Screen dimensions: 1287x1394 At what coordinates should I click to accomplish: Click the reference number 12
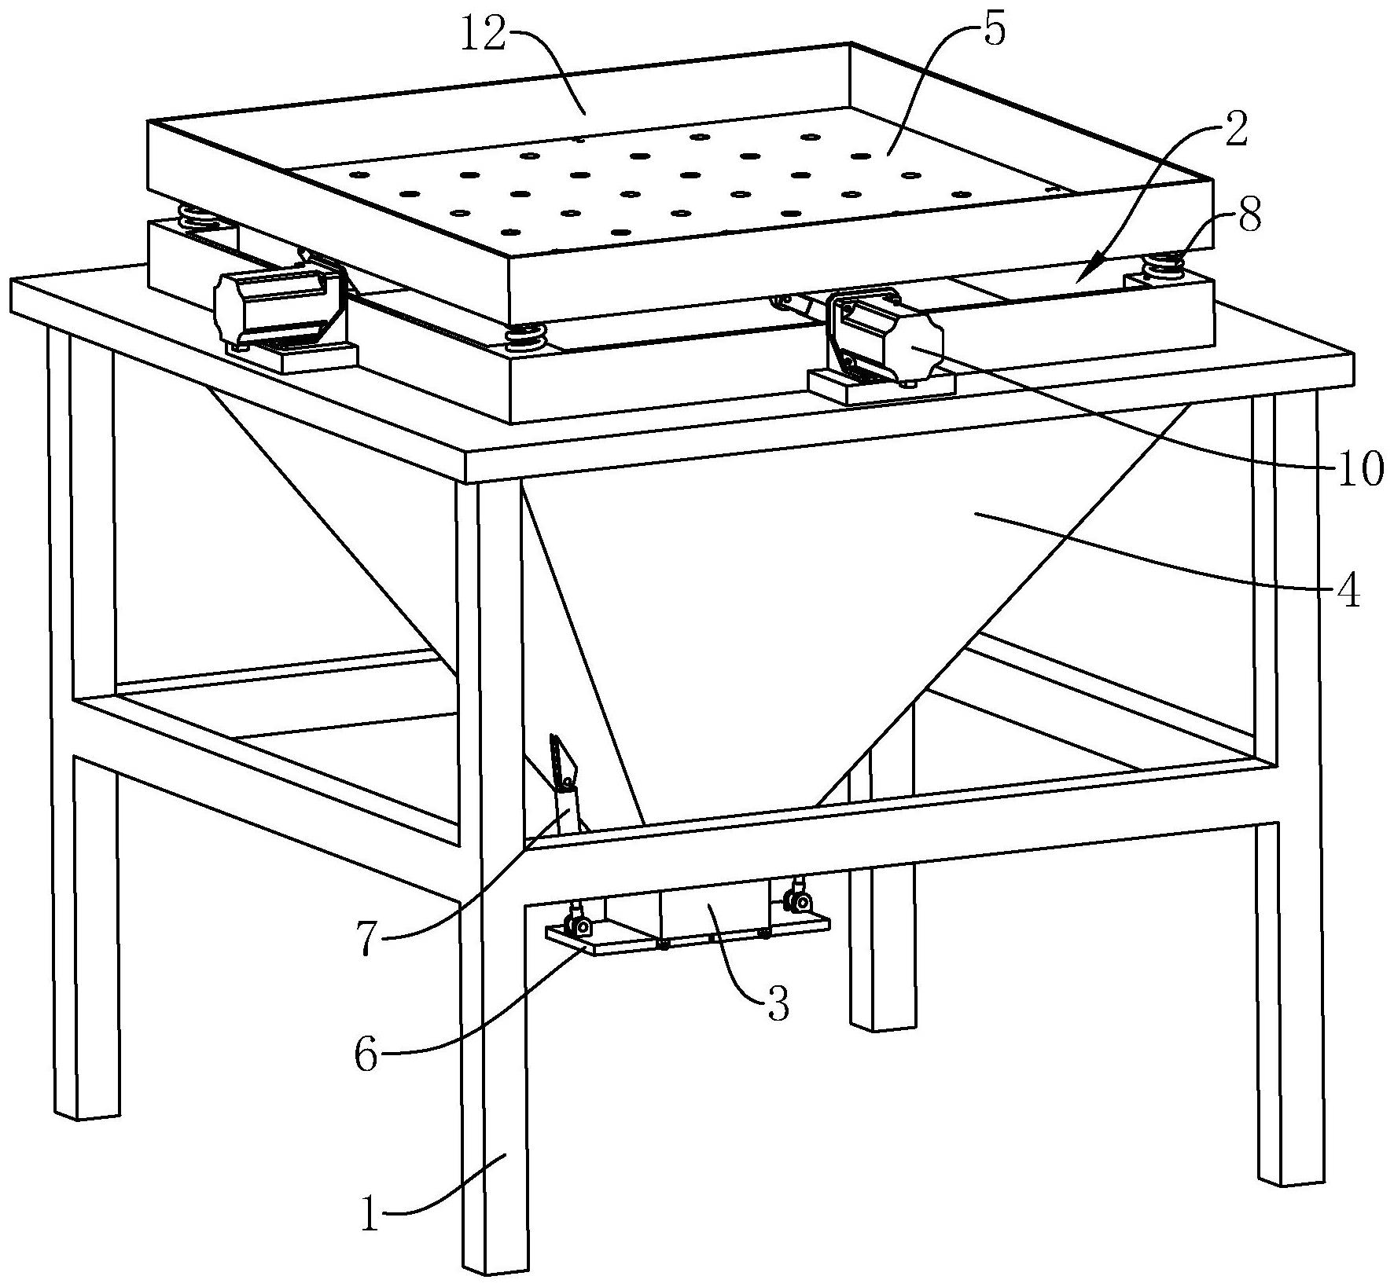[483, 38]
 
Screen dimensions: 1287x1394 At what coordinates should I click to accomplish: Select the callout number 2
[1234, 131]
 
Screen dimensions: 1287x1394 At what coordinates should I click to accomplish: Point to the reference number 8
[1249, 214]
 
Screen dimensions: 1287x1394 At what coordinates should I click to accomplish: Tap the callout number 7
[367, 940]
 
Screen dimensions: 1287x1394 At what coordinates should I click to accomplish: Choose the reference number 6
[366, 1055]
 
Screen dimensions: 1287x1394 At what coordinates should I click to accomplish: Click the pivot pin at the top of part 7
[566, 783]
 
